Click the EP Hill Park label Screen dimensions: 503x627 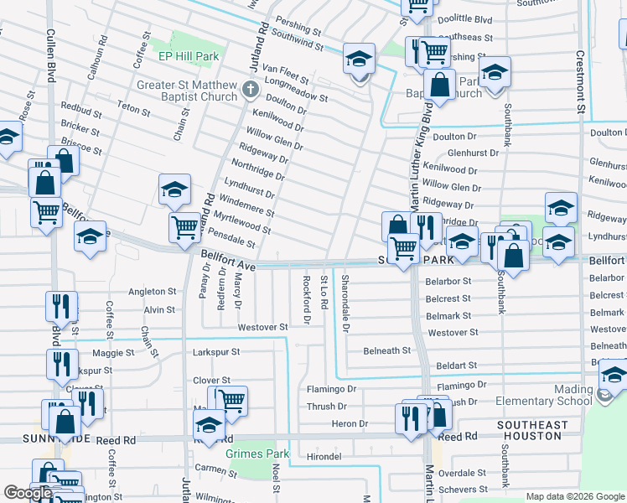(189, 57)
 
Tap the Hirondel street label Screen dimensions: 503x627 (324, 456)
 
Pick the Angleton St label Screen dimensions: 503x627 (152, 292)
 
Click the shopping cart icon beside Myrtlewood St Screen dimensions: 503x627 (184, 226)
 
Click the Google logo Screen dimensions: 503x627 (28, 493)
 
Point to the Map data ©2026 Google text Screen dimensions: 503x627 (575, 496)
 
